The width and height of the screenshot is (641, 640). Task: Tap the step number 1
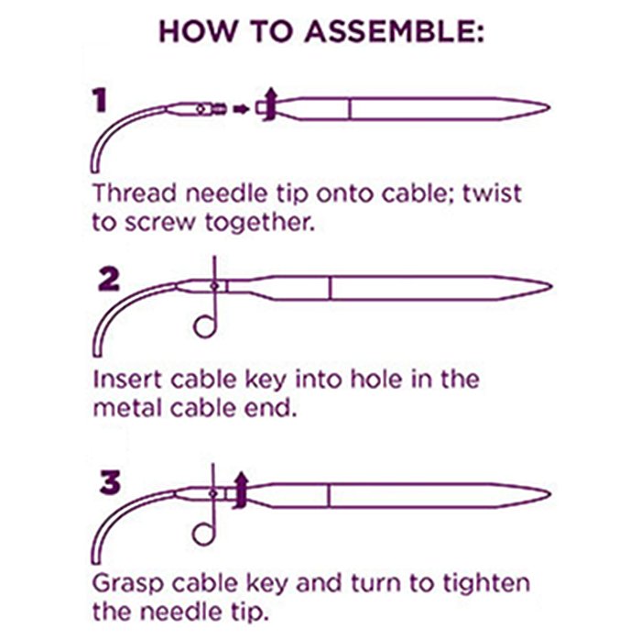coord(100,101)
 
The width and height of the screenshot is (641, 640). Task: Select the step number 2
coord(109,280)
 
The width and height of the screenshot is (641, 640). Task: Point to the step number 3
coord(111,483)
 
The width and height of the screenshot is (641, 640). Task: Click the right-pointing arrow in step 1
coord(241,109)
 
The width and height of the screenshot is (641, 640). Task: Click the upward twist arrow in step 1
coord(269,105)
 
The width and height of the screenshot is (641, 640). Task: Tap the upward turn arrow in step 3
coord(241,491)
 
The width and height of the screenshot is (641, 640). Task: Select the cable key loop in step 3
coord(204,534)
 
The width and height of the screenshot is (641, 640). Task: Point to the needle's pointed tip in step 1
coord(549,108)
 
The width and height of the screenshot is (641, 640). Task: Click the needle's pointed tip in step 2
coord(552,287)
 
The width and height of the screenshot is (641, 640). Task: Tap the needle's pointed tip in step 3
coord(550,494)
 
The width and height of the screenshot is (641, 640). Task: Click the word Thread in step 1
coord(134,193)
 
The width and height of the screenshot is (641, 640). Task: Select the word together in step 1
coord(260,223)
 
